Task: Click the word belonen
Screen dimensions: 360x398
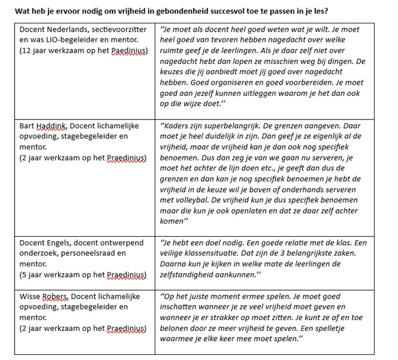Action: click(182, 328)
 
